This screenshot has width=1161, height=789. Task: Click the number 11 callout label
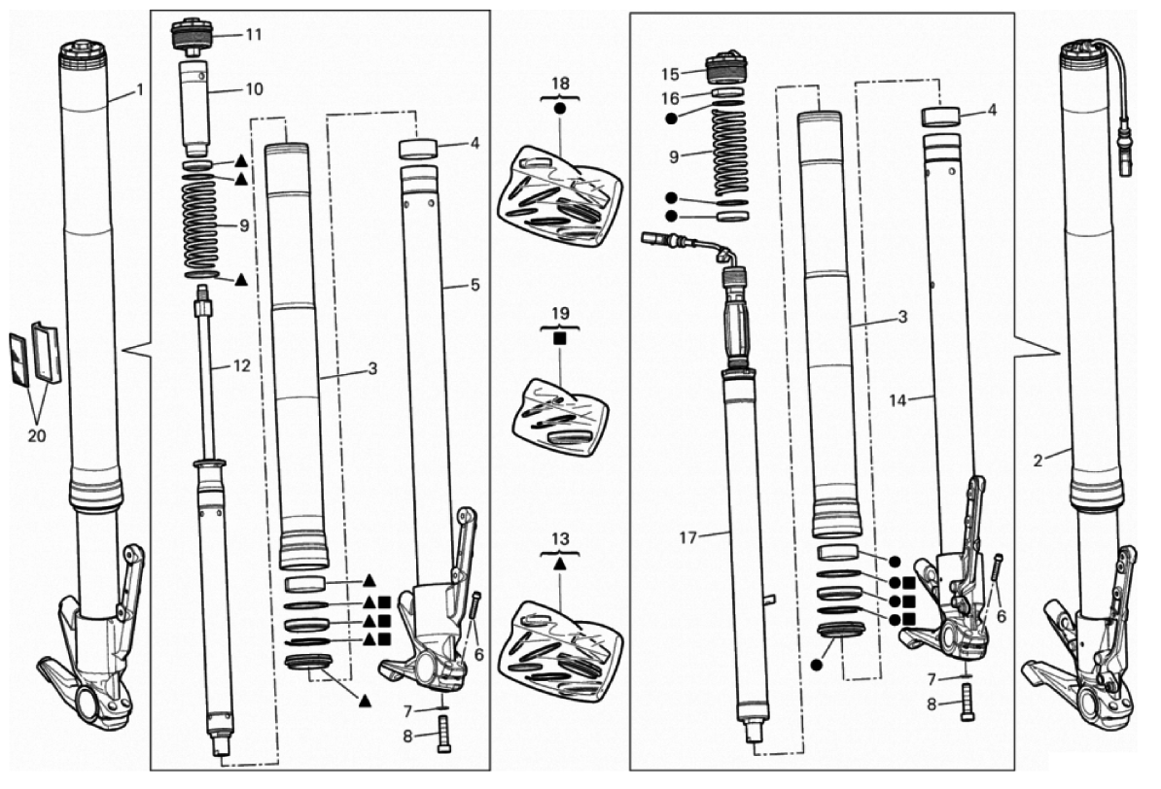coord(254,35)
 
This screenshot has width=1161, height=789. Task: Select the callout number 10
coord(254,89)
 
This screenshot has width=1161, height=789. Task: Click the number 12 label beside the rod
coord(241,365)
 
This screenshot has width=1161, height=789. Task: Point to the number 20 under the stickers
coord(36,436)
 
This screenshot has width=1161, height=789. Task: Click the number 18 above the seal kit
coord(560,84)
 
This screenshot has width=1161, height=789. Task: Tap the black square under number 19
coord(560,337)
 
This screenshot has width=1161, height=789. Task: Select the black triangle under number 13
coord(560,564)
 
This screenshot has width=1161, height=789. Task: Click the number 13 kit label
coord(560,539)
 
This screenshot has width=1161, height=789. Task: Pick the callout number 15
coord(670,74)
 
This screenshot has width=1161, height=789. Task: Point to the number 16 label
coord(670,98)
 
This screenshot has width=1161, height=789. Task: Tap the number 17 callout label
coord(687,537)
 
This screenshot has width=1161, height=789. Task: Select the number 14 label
coord(897,400)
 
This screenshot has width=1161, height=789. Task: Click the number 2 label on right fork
coord(1038,461)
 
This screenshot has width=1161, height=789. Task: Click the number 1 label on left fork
coord(139,90)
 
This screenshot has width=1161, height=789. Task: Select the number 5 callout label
coord(475,286)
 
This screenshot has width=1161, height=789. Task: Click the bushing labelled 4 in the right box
coord(940,117)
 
